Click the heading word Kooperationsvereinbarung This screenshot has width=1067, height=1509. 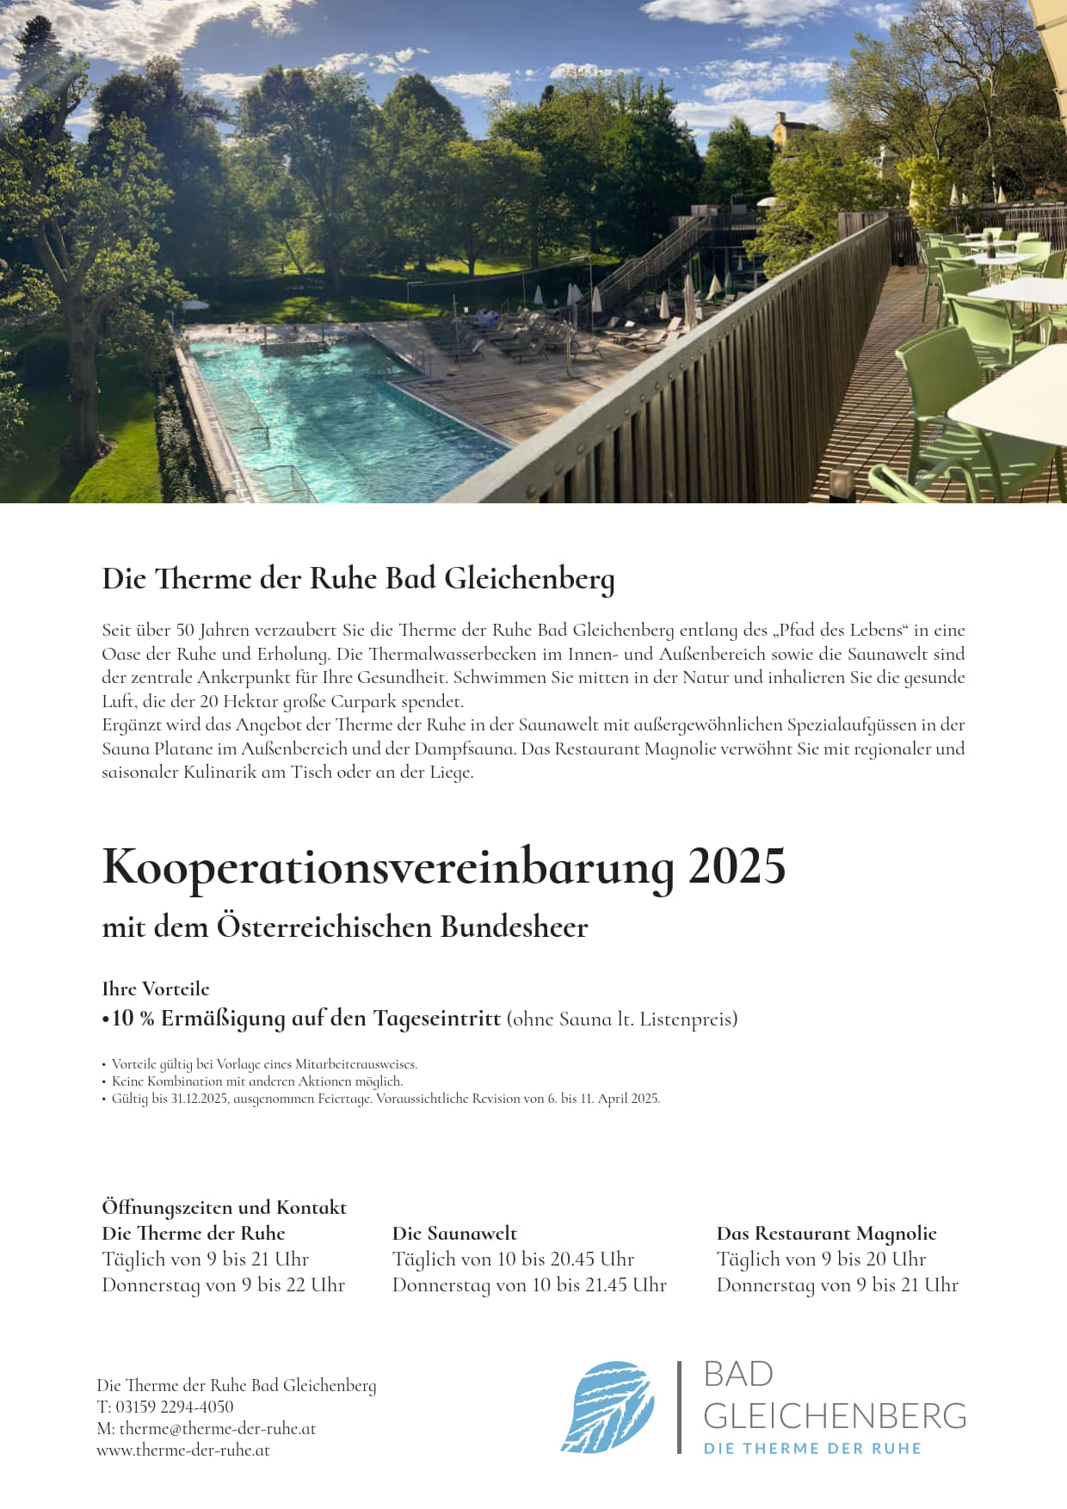point(387,867)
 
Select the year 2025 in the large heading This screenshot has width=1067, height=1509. point(737,867)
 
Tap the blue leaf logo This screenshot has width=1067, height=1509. point(608,1407)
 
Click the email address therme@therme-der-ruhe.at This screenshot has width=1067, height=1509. point(218,1428)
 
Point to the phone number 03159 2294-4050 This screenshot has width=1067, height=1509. point(175,1407)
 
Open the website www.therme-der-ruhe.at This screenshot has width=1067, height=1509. point(183,1450)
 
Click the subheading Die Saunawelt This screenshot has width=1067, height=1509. point(454,1233)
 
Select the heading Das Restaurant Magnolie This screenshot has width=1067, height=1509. point(826,1233)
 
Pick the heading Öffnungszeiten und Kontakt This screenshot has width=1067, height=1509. point(224,1207)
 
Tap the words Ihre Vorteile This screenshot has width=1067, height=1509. point(156,989)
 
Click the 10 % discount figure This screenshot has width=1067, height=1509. point(133,1019)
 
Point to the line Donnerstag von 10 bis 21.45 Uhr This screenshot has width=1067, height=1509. point(529,1284)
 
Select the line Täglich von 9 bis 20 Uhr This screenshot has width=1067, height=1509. point(821,1259)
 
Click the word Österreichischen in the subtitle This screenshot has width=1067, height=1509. point(324,927)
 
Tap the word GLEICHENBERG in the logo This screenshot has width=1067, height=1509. point(835,1415)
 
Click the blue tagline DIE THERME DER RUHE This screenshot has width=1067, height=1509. point(812,1449)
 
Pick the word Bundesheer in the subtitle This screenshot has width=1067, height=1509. point(514,927)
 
